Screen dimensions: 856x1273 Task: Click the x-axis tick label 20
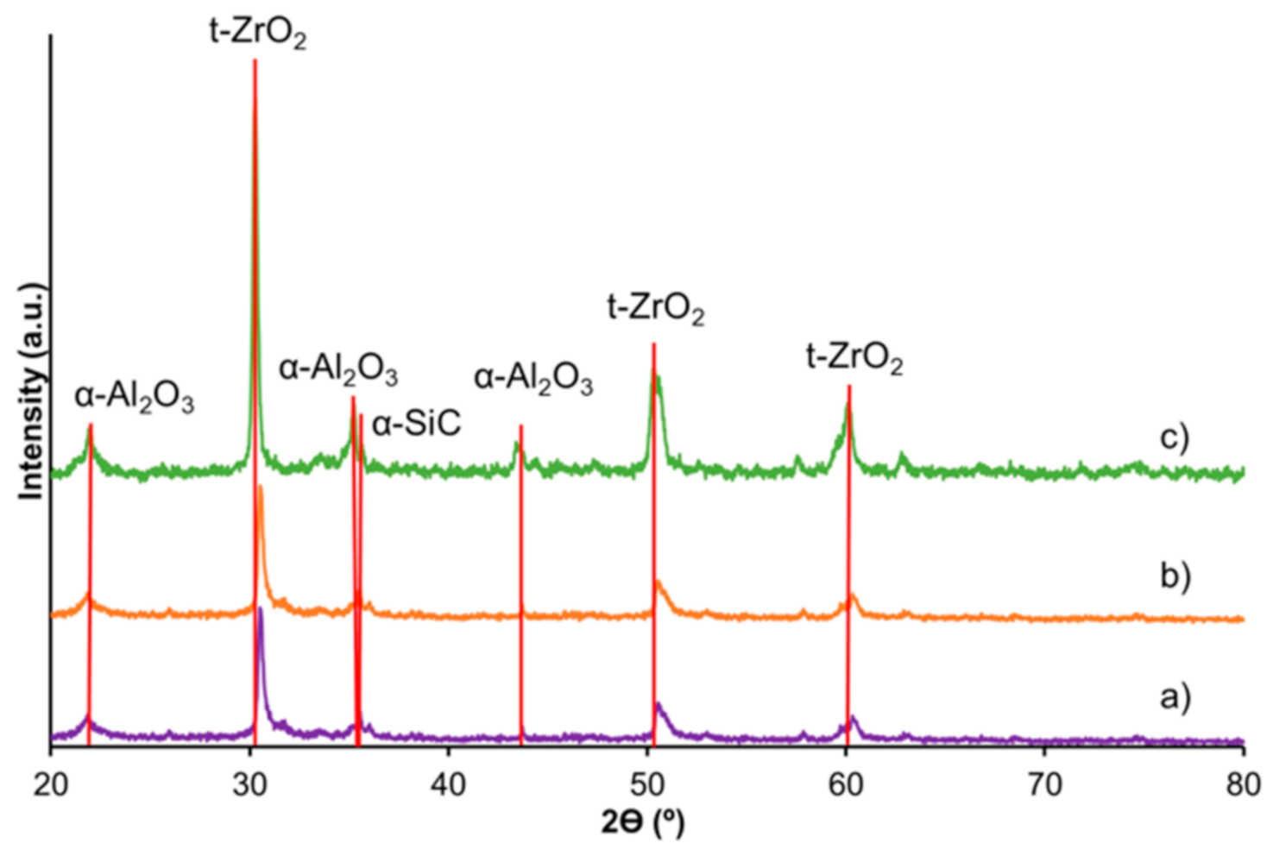click(x=51, y=784)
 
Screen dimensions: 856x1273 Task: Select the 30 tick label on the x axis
click(x=250, y=784)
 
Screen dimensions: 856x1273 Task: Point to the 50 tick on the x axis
click(x=647, y=784)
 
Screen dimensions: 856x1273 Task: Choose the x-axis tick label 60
click(x=846, y=784)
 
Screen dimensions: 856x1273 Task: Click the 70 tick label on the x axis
click(x=1044, y=784)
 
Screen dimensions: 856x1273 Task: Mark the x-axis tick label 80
click(x=1243, y=784)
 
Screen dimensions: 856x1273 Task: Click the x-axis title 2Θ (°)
click(x=643, y=822)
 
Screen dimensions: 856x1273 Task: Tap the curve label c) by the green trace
click(x=1175, y=437)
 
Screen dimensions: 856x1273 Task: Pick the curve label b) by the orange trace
click(x=1175, y=576)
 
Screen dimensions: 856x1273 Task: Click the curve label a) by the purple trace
click(x=1175, y=695)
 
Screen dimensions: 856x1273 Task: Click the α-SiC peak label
click(x=417, y=424)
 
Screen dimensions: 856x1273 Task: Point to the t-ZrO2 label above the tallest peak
click(x=257, y=33)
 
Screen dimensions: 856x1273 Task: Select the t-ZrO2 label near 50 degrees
click(x=656, y=308)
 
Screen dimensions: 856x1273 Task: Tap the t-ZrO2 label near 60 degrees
click(x=854, y=357)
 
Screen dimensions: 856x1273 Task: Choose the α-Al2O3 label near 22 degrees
click(x=134, y=397)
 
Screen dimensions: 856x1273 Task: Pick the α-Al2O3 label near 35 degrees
click(x=337, y=369)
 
